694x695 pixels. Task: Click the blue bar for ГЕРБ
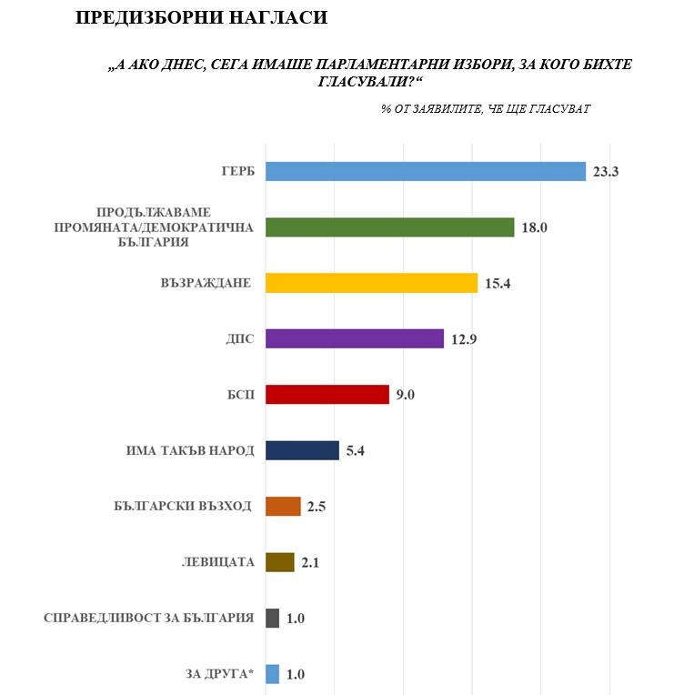(425, 171)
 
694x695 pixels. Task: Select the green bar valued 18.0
(389, 227)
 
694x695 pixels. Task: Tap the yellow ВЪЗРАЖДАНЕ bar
(371, 283)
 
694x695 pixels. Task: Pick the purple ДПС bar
(354, 339)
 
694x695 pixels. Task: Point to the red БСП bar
(327, 395)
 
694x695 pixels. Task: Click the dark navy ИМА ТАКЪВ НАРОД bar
(302, 450)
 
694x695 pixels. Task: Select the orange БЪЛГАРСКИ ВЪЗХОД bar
(282, 507)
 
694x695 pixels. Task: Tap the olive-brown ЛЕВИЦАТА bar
(279, 562)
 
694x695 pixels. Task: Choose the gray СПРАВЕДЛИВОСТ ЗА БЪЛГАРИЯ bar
(272, 619)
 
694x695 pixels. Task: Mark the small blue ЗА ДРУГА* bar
(272, 674)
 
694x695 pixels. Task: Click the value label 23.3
(606, 172)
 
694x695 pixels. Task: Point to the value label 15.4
(498, 284)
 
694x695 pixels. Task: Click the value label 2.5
(317, 507)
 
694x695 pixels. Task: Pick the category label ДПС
(239, 339)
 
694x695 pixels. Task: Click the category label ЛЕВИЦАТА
(218, 562)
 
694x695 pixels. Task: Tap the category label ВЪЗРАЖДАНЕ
(206, 284)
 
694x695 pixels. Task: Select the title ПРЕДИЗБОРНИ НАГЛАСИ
(201, 17)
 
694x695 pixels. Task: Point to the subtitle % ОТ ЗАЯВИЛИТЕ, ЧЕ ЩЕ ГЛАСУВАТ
(487, 108)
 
